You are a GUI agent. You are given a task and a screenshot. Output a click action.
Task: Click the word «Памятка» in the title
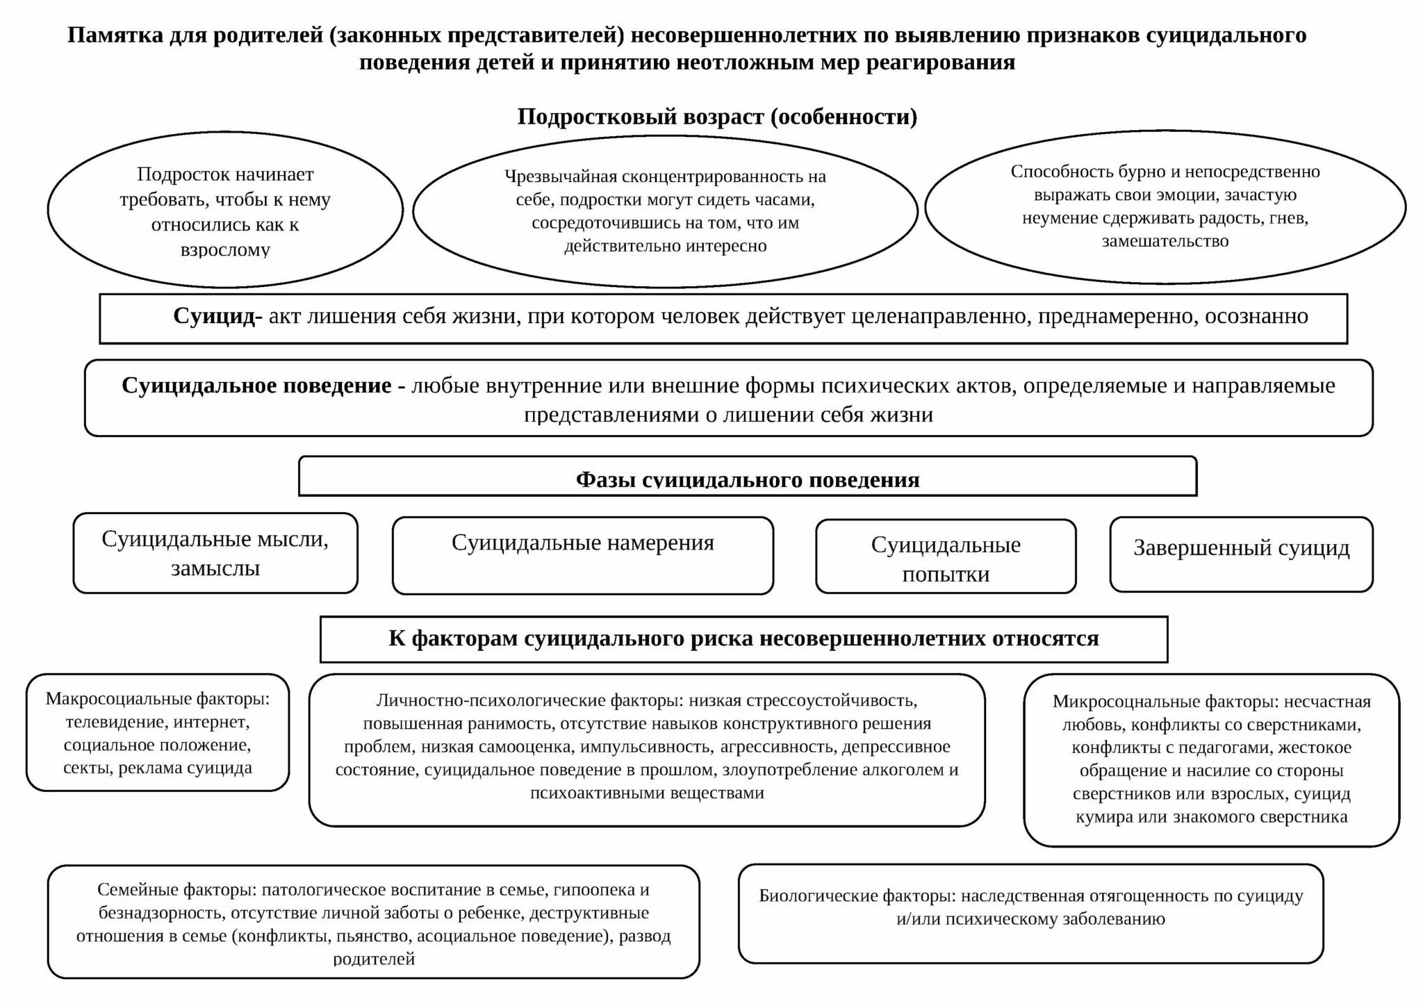115,35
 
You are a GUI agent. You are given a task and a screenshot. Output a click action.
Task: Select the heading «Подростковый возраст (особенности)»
717,117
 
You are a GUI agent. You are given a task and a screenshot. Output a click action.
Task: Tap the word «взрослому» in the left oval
225,249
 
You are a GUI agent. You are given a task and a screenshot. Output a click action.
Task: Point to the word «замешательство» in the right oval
1165,241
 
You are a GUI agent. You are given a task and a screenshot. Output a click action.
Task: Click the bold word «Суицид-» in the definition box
218,316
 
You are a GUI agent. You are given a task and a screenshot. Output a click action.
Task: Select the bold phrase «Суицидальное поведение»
256,386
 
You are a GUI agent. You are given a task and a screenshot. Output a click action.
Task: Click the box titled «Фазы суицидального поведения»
748,479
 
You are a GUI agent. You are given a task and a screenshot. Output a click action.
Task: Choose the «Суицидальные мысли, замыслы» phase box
215,553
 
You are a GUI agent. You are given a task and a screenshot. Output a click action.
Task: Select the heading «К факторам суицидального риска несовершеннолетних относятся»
743,638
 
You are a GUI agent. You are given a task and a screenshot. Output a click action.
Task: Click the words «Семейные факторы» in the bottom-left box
176,890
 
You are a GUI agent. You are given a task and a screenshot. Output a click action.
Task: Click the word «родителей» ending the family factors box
374,959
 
